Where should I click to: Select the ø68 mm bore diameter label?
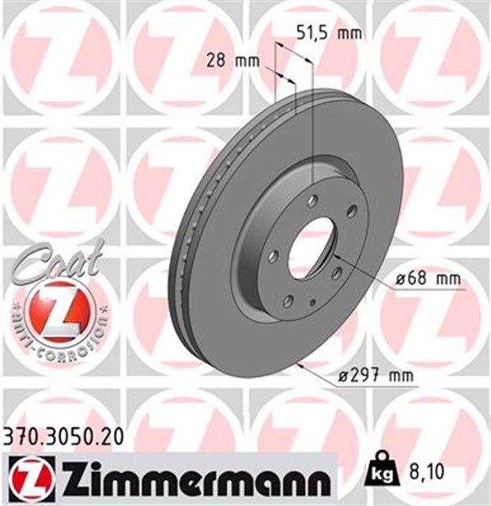pos(428,280)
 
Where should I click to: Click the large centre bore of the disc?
pos(312,247)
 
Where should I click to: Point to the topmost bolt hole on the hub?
pos(314,201)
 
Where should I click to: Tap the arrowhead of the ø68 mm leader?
pos(334,257)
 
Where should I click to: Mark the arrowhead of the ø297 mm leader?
pos(300,364)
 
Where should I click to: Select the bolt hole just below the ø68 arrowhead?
pos(336,273)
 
